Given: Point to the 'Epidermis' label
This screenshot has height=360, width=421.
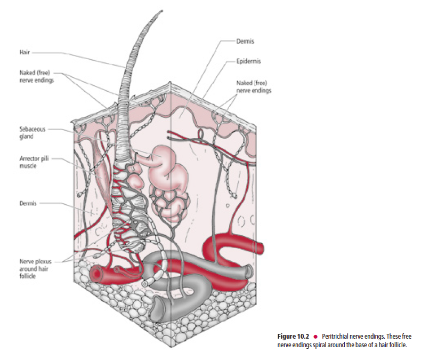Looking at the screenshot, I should click(x=249, y=62).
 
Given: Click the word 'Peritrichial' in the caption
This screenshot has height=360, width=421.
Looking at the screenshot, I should click(x=336, y=337).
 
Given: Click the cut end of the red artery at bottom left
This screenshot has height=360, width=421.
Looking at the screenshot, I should click(x=96, y=274).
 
